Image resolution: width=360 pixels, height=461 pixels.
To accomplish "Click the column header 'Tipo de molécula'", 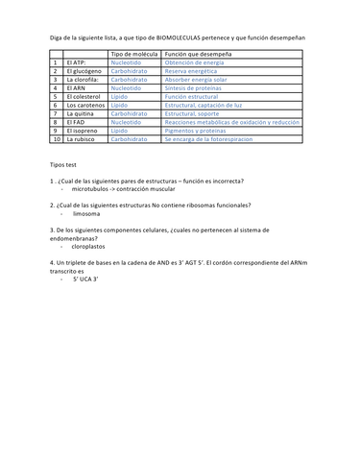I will [x=135, y=55].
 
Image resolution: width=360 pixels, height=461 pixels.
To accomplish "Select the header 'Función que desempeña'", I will [x=204, y=55].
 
